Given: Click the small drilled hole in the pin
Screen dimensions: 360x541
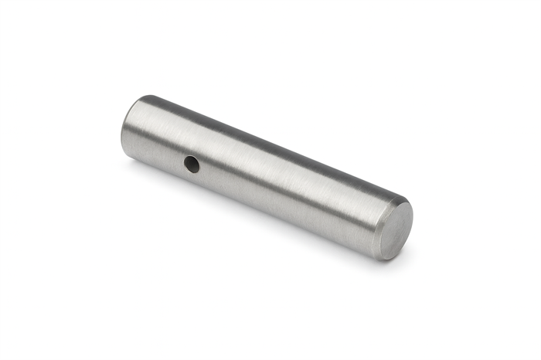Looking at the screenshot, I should (191, 164).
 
